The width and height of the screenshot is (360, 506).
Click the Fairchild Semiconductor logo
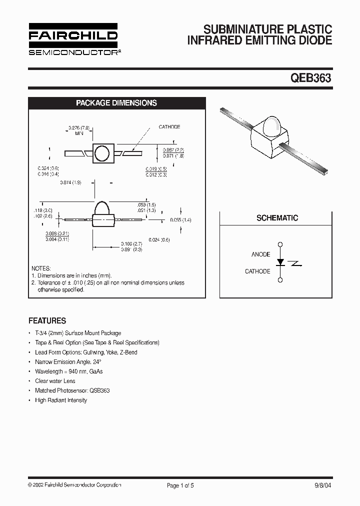coord(73,38)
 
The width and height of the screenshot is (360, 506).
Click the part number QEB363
coord(311,78)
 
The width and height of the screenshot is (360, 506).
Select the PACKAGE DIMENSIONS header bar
coord(116,103)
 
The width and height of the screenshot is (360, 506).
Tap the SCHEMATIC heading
coord(277,218)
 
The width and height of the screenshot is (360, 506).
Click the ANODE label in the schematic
coord(260,254)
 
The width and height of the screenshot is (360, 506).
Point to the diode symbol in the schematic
coord(280,262)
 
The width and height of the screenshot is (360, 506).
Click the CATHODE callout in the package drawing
coord(169,127)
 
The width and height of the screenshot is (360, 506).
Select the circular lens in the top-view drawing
coord(102,153)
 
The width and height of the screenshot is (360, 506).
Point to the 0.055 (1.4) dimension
coord(180,220)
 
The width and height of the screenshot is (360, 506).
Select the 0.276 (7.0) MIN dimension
coord(79,131)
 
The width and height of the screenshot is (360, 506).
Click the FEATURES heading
coord(47,321)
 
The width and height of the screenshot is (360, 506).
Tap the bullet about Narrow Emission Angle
coord(68,361)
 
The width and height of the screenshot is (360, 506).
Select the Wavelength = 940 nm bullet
coord(68,371)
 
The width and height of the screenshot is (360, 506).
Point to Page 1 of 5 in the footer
coord(180,485)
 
